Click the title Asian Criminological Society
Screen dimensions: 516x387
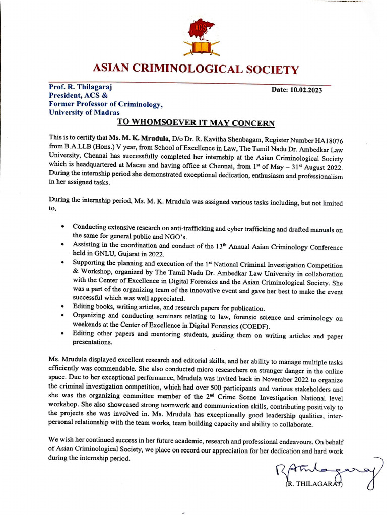pyautogui.click(x=195, y=70)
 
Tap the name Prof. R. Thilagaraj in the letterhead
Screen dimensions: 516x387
pyautogui.click(x=80, y=87)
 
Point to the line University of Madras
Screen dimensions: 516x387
pyautogui.click(x=84, y=112)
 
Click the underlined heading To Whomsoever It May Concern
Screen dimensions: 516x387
pyautogui.click(x=196, y=123)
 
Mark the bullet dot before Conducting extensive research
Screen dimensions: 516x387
pyautogui.click(x=61, y=226)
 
